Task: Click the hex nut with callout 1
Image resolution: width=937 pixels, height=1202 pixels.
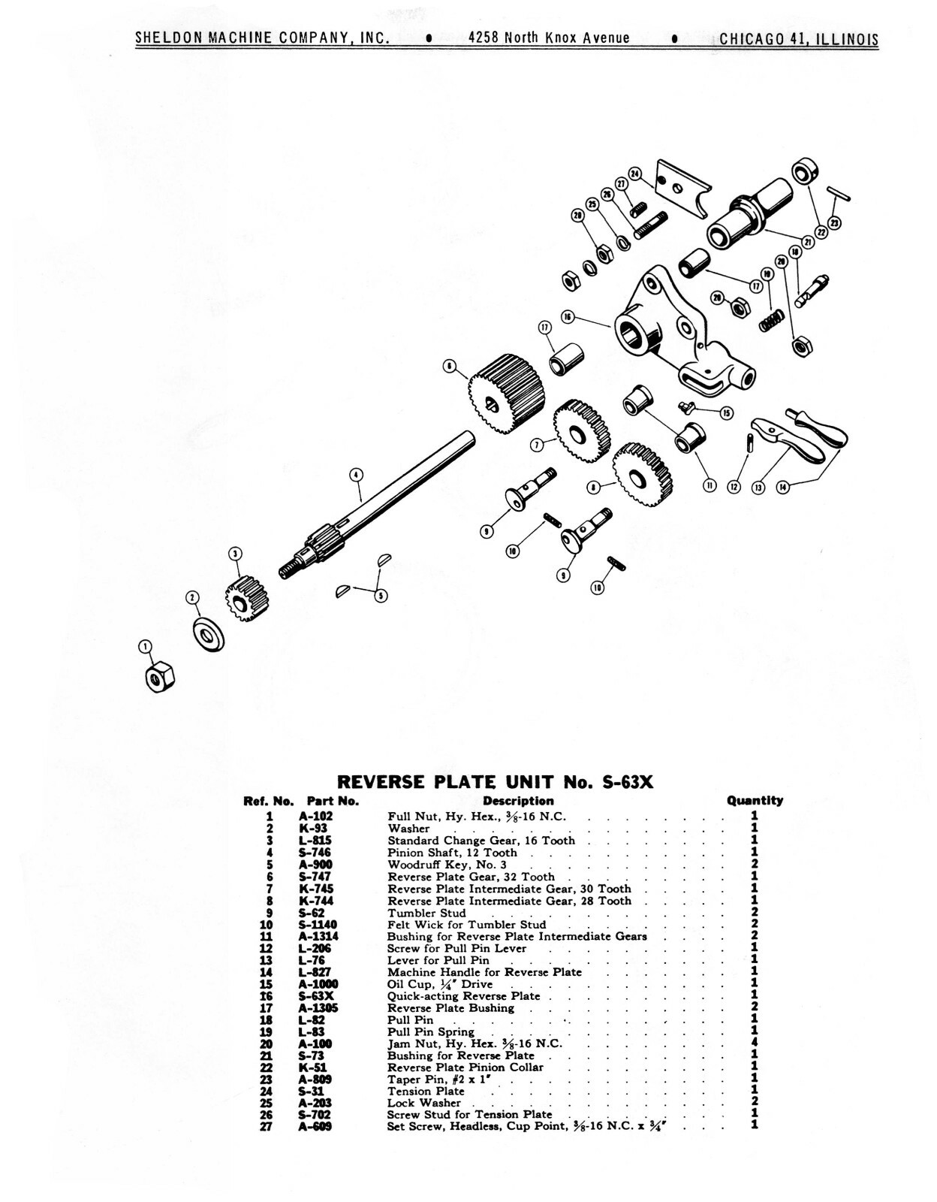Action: pos(158,678)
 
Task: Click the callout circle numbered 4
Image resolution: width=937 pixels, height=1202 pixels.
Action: pos(356,474)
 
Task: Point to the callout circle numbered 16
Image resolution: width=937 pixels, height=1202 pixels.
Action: pos(568,317)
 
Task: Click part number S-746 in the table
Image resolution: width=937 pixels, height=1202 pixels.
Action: pos(315,853)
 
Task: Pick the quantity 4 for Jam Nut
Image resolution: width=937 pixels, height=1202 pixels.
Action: pos(754,1043)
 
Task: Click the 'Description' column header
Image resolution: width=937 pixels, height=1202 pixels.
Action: pos(518,801)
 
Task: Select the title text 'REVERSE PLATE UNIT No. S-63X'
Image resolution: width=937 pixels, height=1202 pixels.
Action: pos(496,781)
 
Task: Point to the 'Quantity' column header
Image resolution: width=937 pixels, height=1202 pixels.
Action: pos(755,801)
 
